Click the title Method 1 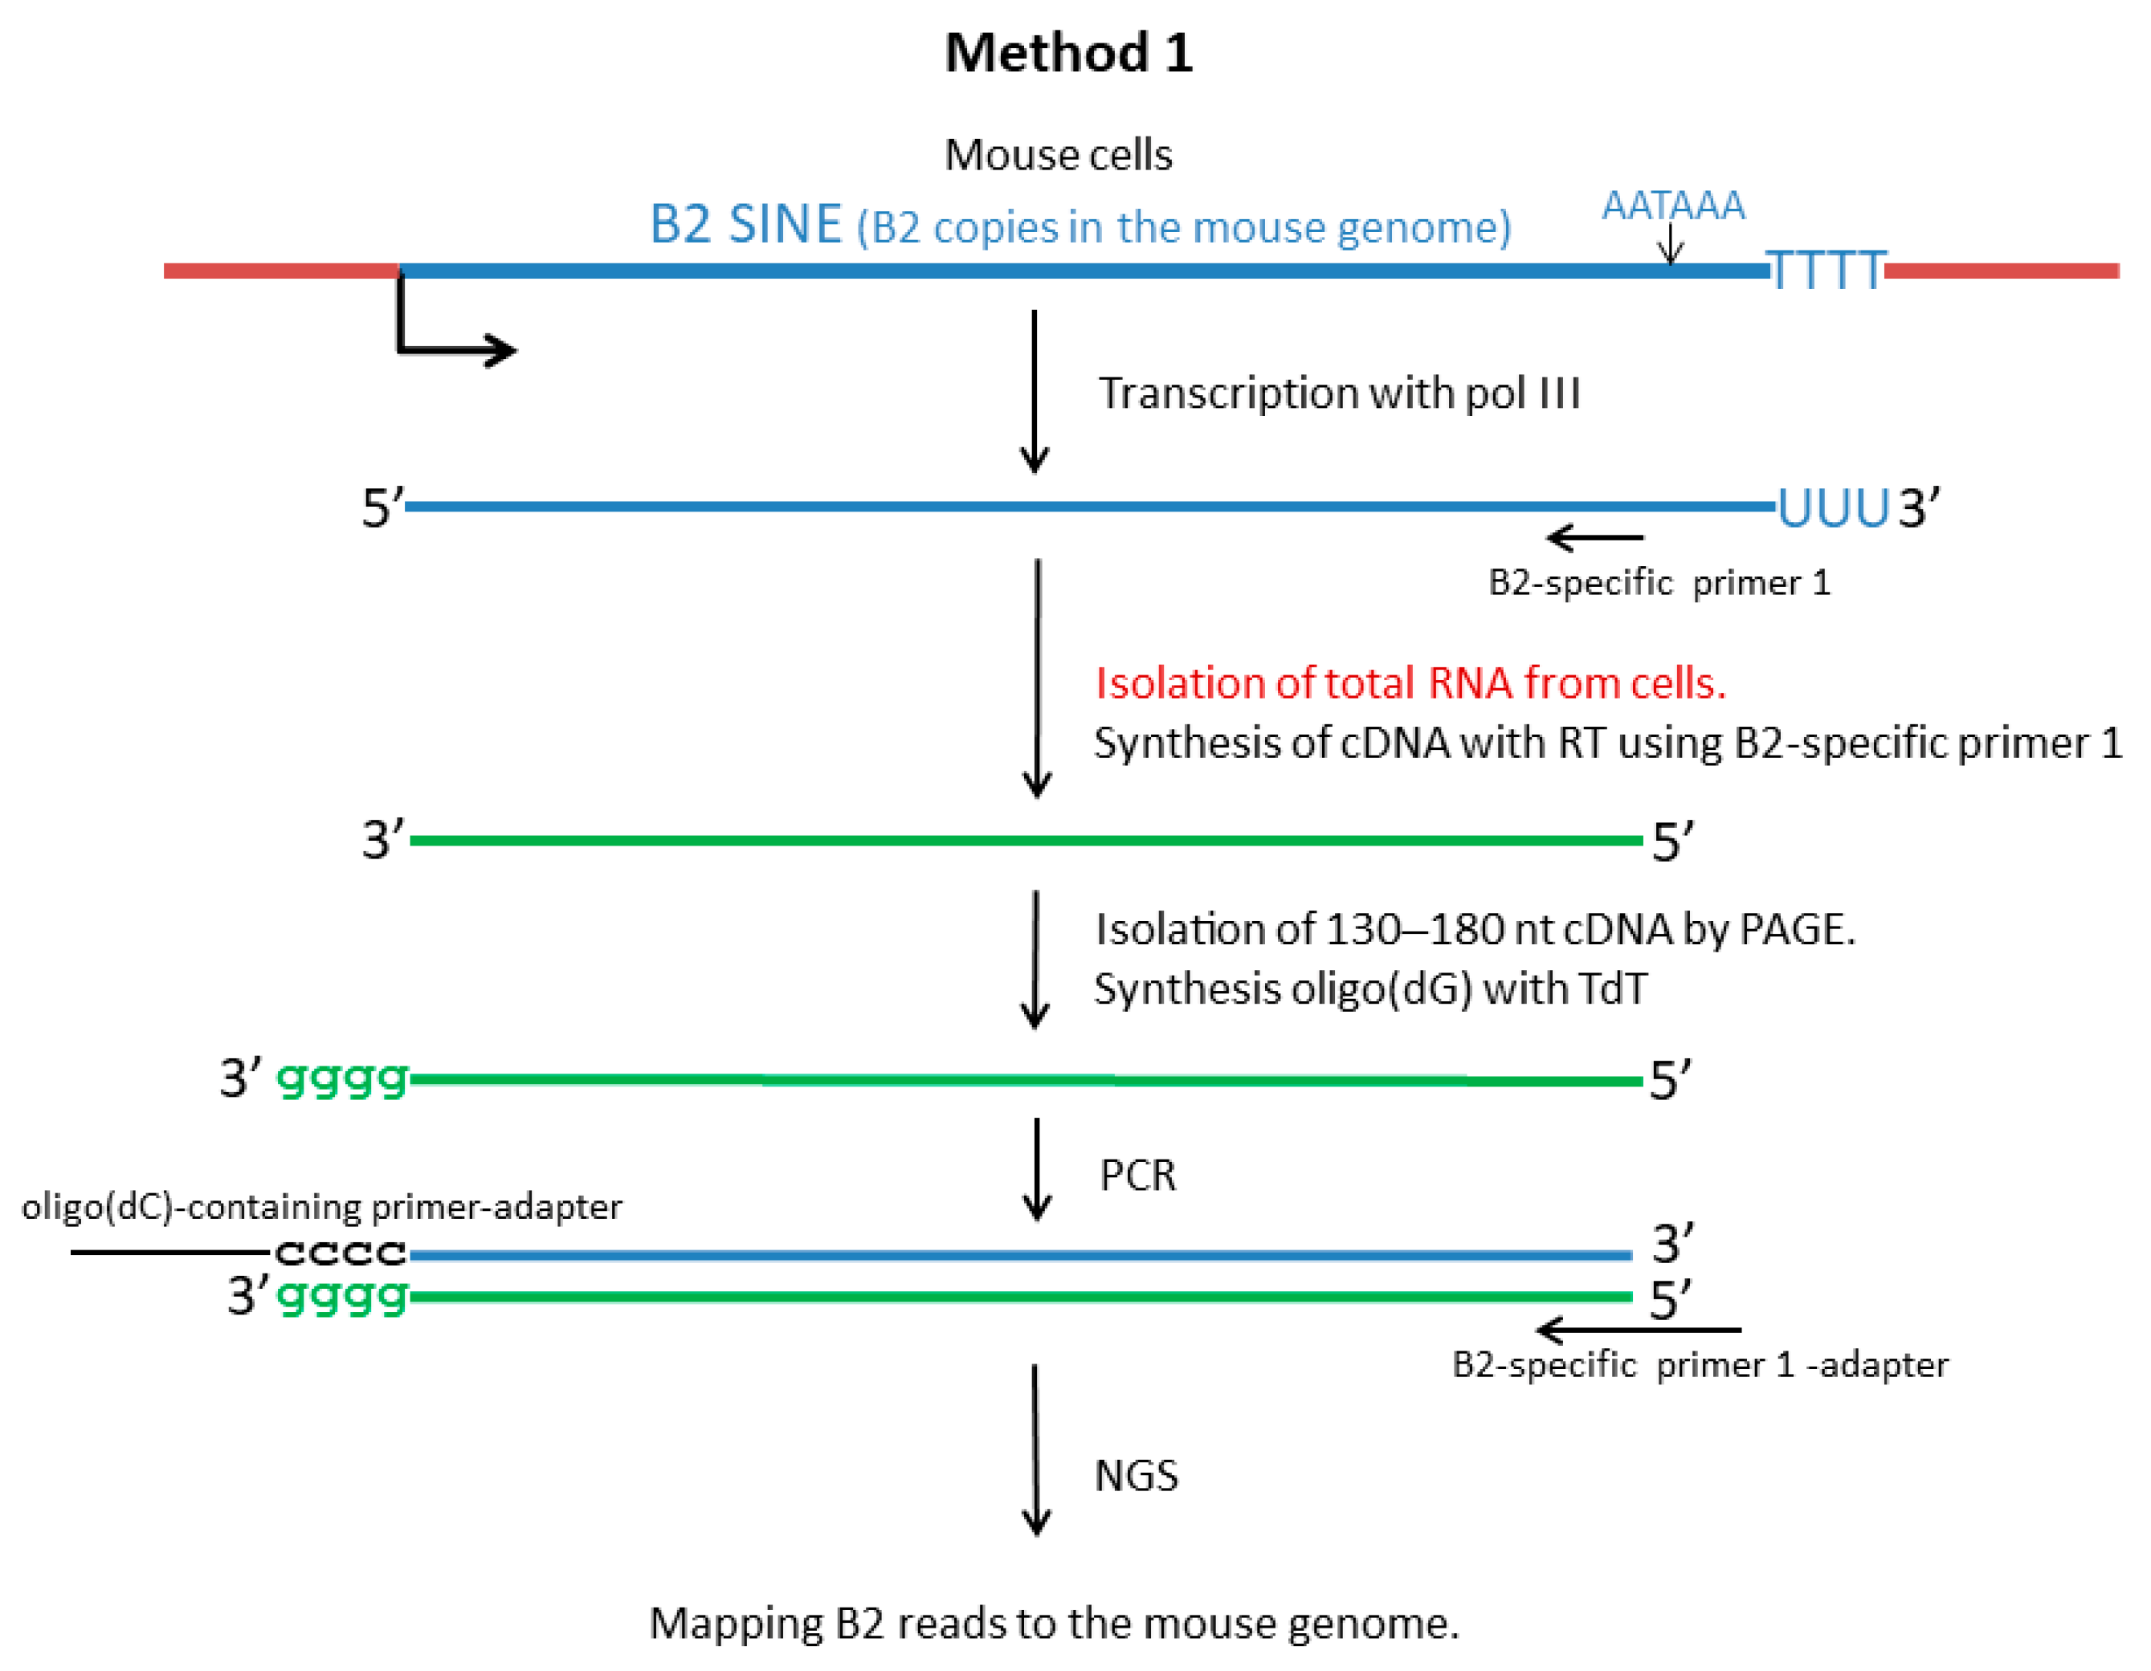pos(1067,53)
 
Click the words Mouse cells pos(1058,156)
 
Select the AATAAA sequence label pos(1671,206)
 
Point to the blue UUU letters pos(1832,508)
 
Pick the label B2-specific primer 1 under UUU pos(1659,583)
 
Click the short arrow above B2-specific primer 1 pos(1594,538)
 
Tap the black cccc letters pos(340,1253)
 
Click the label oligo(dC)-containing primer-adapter pos(322,1206)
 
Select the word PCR pos(1137,1175)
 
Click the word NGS pos(1136,1475)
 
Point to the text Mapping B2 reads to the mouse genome pos(1054,1623)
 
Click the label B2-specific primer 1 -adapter pos(1699,1365)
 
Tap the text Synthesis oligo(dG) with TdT pos(1369,988)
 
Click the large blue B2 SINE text pos(745,225)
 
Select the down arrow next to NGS pos(1035,1450)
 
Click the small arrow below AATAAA pos(1671,244)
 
